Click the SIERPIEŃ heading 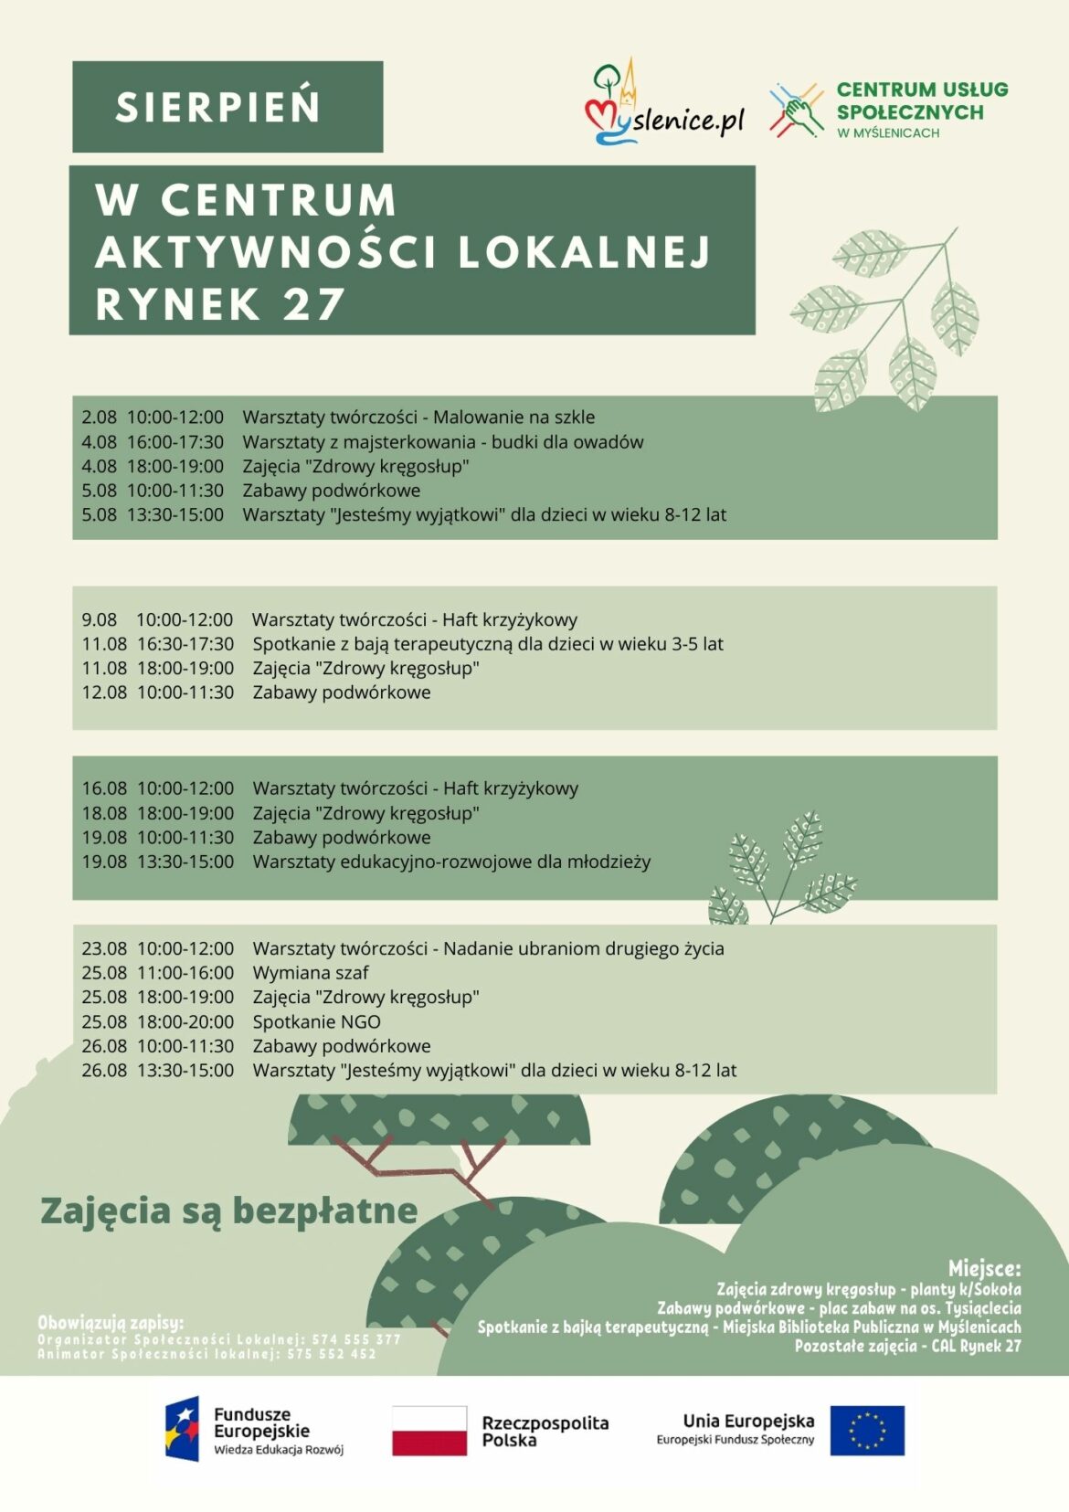218,108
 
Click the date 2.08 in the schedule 99,418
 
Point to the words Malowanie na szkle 513,418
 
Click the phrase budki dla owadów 567,442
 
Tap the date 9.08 99,620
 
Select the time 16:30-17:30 185,644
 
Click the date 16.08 104,788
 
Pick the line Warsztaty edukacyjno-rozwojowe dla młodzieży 451,862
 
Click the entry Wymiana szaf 311,973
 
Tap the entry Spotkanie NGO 316,1022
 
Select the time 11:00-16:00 185,973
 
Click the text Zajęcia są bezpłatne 228,1211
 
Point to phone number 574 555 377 356,1339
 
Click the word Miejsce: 984,1268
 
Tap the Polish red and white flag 429,1431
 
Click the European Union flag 867,1431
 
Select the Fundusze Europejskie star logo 182,1429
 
